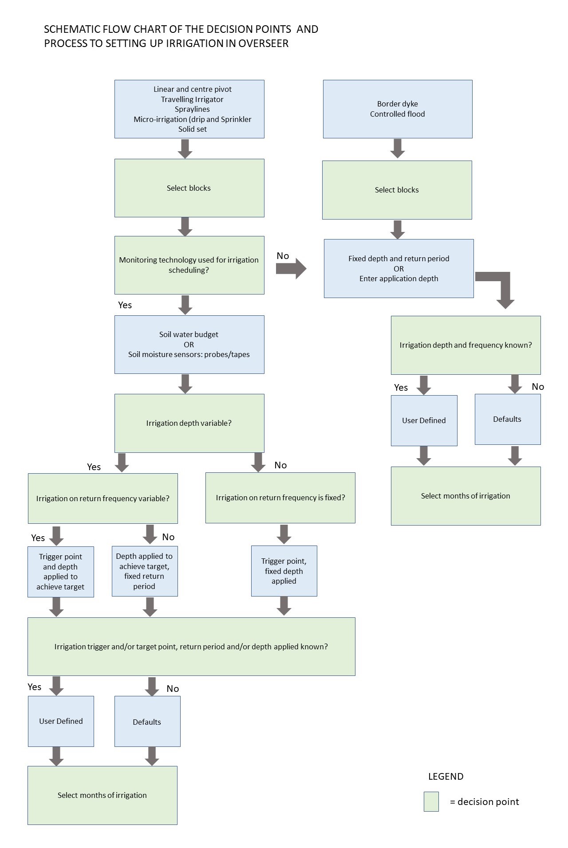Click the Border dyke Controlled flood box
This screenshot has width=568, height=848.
pos(397,109)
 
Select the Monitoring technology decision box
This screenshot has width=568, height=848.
pos(189,265)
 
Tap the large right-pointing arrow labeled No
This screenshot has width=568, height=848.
pos(291,268)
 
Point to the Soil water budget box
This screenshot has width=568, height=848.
pos(189,344)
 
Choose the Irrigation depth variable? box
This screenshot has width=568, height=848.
pos(189,423)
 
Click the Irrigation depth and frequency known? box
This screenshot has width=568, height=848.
pos(465,345)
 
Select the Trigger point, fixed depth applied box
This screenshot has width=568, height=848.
pos(284,571)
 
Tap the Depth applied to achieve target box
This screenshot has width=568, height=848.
pos(145,571)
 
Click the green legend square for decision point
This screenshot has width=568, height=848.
pos(431,801)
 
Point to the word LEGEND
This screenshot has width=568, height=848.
pos(446,777)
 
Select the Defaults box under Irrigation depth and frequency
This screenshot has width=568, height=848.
pos(507,419)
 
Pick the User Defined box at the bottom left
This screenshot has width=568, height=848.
pos(61,721)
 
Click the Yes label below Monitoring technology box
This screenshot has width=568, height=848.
pos(125,305)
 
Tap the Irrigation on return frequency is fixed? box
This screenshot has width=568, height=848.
pos(280,498)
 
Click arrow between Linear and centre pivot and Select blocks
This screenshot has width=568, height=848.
pos(185,149)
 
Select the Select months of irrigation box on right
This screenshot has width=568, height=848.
pos(465,496)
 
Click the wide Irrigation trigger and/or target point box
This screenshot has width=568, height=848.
pos(191,647)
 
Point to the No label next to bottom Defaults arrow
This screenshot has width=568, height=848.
pos(173,689)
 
